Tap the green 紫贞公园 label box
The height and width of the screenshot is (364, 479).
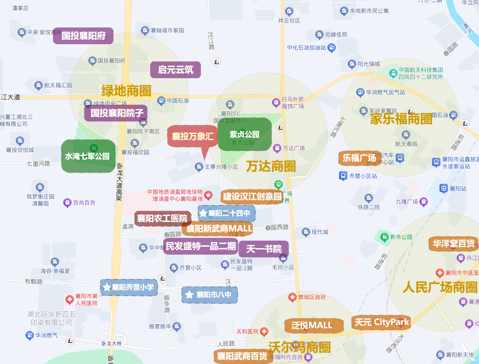click(x=244, y=135)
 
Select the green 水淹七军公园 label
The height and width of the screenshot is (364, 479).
click(x=88, y=156)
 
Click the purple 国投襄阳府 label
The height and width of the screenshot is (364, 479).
click(x=83, y=36)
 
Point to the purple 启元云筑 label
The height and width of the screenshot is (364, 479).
click(x=175, y=70)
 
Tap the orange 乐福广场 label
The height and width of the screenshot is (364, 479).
click(x=359, y=158)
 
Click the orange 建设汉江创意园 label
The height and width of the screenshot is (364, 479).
click(x=252, y=196)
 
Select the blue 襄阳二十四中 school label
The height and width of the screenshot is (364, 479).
click(x=226, y=214)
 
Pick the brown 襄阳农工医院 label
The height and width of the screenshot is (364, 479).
click(x=162, y=218)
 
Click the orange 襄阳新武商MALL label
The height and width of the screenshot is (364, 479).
click(x=218, y=229)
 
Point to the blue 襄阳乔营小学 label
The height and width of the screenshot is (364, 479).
click(x=129, y=287)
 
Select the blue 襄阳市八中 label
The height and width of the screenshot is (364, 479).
click(x=210, y=295)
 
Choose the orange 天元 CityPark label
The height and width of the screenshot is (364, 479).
click(x=381, y=322)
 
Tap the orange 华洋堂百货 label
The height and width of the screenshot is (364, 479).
click(x=454, y=243)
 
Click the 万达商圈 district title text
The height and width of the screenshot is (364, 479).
click(x=271, y=166)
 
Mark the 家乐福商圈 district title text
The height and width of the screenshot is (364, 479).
click(x=401, y=119)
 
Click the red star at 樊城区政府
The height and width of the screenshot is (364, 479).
click(x=293, y=297)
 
